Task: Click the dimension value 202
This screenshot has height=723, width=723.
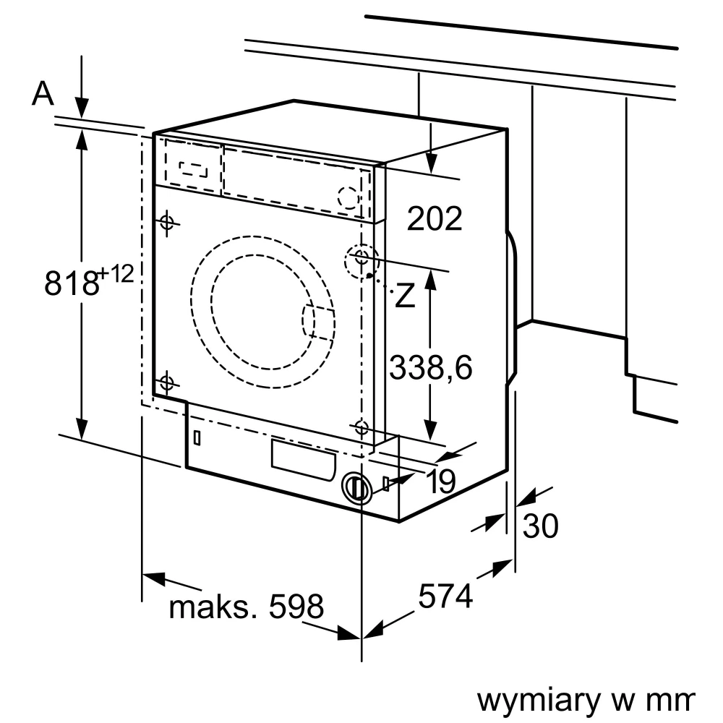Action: (x=435, y=218)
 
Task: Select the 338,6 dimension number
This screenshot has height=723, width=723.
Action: (x=430, y=367)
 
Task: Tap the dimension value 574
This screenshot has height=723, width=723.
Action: (x=445, y=596)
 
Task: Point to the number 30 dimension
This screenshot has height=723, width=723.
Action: (x=541, y=526)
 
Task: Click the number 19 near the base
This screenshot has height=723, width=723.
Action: (x=440, y=481)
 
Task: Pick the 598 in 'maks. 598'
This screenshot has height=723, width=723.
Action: (x=296, y=607)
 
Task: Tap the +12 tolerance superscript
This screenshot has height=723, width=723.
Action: (x=116, y=274)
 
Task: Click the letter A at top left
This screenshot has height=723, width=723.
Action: (x=43, y=93)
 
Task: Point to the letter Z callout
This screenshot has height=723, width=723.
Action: (x=406, y=295)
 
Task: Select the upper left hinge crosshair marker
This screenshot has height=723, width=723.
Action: (x=167, y=222)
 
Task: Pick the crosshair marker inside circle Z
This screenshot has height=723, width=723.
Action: (x=361, y=258)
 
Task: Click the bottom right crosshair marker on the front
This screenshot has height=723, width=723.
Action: (x=361, y=427)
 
